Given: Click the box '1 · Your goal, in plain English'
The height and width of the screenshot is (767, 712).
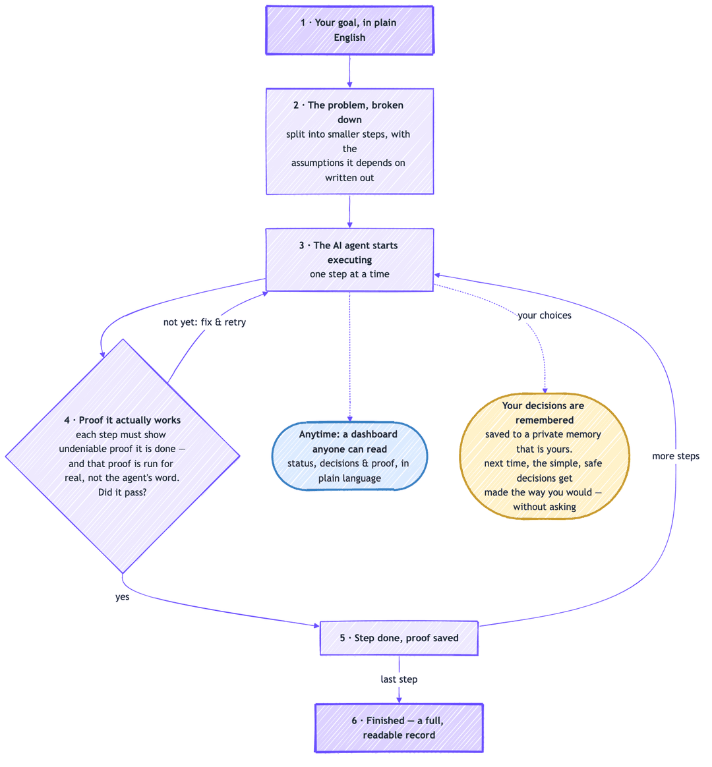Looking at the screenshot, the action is [x=349, y=30].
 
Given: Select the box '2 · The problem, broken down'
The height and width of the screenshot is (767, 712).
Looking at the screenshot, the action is [x=349, y=142].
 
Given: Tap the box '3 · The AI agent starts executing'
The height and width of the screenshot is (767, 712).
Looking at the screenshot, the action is [x=349, y=260].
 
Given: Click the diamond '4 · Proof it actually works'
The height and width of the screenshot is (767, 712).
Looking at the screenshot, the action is [x=123, y=456].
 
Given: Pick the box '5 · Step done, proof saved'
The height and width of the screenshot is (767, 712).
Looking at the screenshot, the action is [x=399, y=638].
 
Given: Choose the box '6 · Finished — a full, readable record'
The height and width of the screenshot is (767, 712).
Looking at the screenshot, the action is [x=399, y=728].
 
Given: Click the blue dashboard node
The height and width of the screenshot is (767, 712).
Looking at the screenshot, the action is [x=349, y=456].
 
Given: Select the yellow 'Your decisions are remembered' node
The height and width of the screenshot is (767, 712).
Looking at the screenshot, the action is [x=544, y=456].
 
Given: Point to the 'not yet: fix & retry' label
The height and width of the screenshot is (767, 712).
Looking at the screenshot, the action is [x=204, y=322].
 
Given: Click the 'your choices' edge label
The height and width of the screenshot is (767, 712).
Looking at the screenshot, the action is [x=544, y=316].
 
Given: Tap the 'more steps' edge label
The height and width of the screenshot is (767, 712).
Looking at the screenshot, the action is [x=675, y=456].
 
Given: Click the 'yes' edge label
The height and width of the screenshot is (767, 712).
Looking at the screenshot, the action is [x=123, y=597].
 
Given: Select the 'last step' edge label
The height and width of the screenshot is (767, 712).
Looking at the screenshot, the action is [x=399, y=679].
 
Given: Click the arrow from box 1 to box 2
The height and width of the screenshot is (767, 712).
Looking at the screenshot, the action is [x=349, y=71].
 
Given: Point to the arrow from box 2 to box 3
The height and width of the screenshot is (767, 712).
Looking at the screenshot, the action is [x=349, y=212].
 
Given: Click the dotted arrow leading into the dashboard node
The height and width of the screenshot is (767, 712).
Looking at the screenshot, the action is [x=349, y=356].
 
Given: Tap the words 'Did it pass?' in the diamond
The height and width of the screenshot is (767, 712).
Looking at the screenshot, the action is [x=123, y=492].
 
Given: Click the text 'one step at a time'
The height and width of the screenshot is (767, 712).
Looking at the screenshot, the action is [x=349, y=274].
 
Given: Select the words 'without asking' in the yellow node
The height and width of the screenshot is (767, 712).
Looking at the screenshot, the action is [x=544, y=507].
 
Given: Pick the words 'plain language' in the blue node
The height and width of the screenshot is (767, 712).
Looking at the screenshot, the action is [x=349, y=478].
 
